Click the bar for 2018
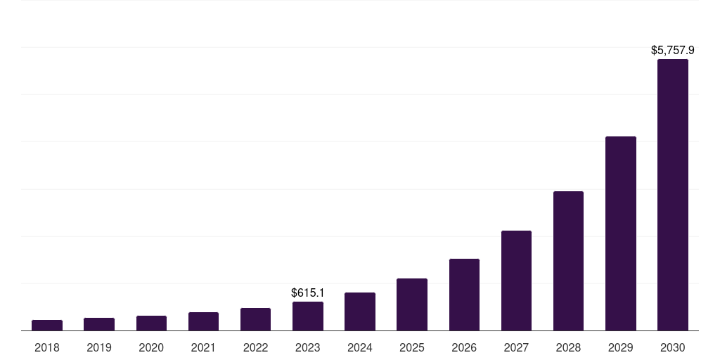[47, 325]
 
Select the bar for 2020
[151, 323]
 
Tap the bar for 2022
[255, 319]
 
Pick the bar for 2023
[308, 316]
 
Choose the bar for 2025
[412, 304]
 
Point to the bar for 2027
[516, 281]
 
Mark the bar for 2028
[568, 261]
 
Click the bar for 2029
[621, 233]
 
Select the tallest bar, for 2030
[673, 195]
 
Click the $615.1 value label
[308, 292]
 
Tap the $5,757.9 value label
[673, 51]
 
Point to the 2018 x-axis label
[47, 347]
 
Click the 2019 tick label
[99, 347]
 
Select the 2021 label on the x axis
[203, 347]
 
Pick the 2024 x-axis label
[360, 347]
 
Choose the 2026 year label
[464, 347]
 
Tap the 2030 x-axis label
[673, 347]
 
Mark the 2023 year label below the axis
[308, 347]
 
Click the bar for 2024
[360, 311]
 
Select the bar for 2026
[464, 295]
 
